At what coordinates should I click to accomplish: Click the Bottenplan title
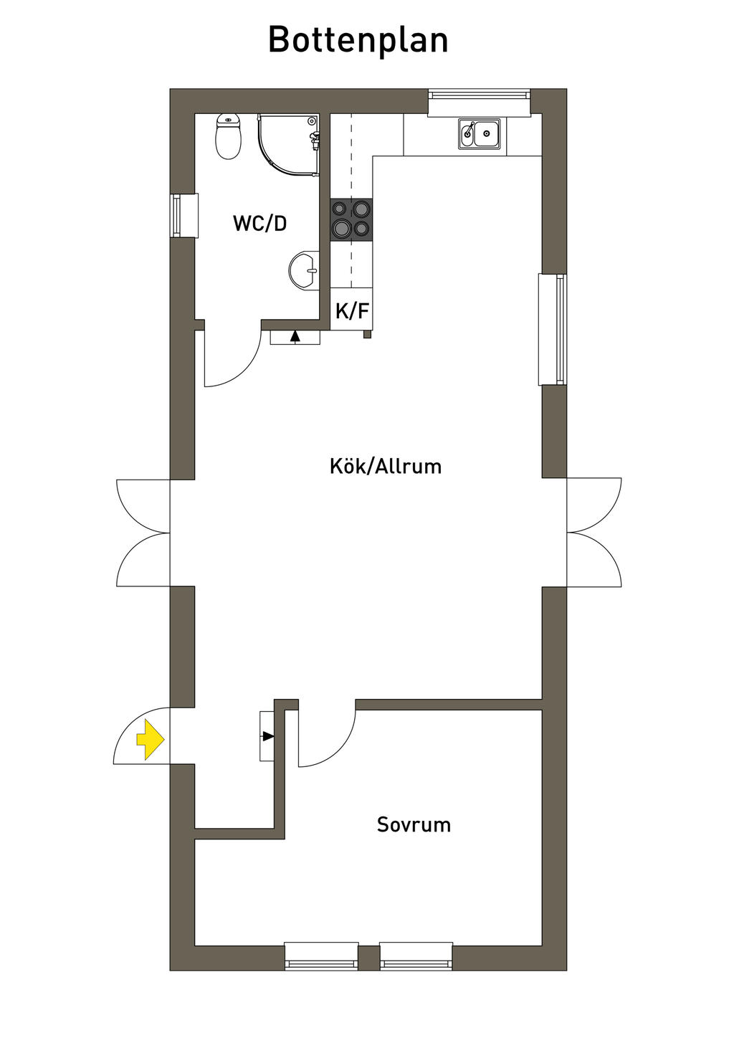[358, 40]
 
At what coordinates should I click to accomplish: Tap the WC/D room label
[259, 224]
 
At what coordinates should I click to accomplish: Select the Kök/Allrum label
[386, 467]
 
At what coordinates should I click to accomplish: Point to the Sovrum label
[414, 824]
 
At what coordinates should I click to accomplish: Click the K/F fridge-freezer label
[352, 311]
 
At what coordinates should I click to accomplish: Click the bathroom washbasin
[303, 270]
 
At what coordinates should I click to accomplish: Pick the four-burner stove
[351, 219]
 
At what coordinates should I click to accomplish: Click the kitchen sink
[480, 133]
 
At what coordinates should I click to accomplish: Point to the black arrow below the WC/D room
[295, 335]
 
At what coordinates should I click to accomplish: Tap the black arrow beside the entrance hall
[267, 735]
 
